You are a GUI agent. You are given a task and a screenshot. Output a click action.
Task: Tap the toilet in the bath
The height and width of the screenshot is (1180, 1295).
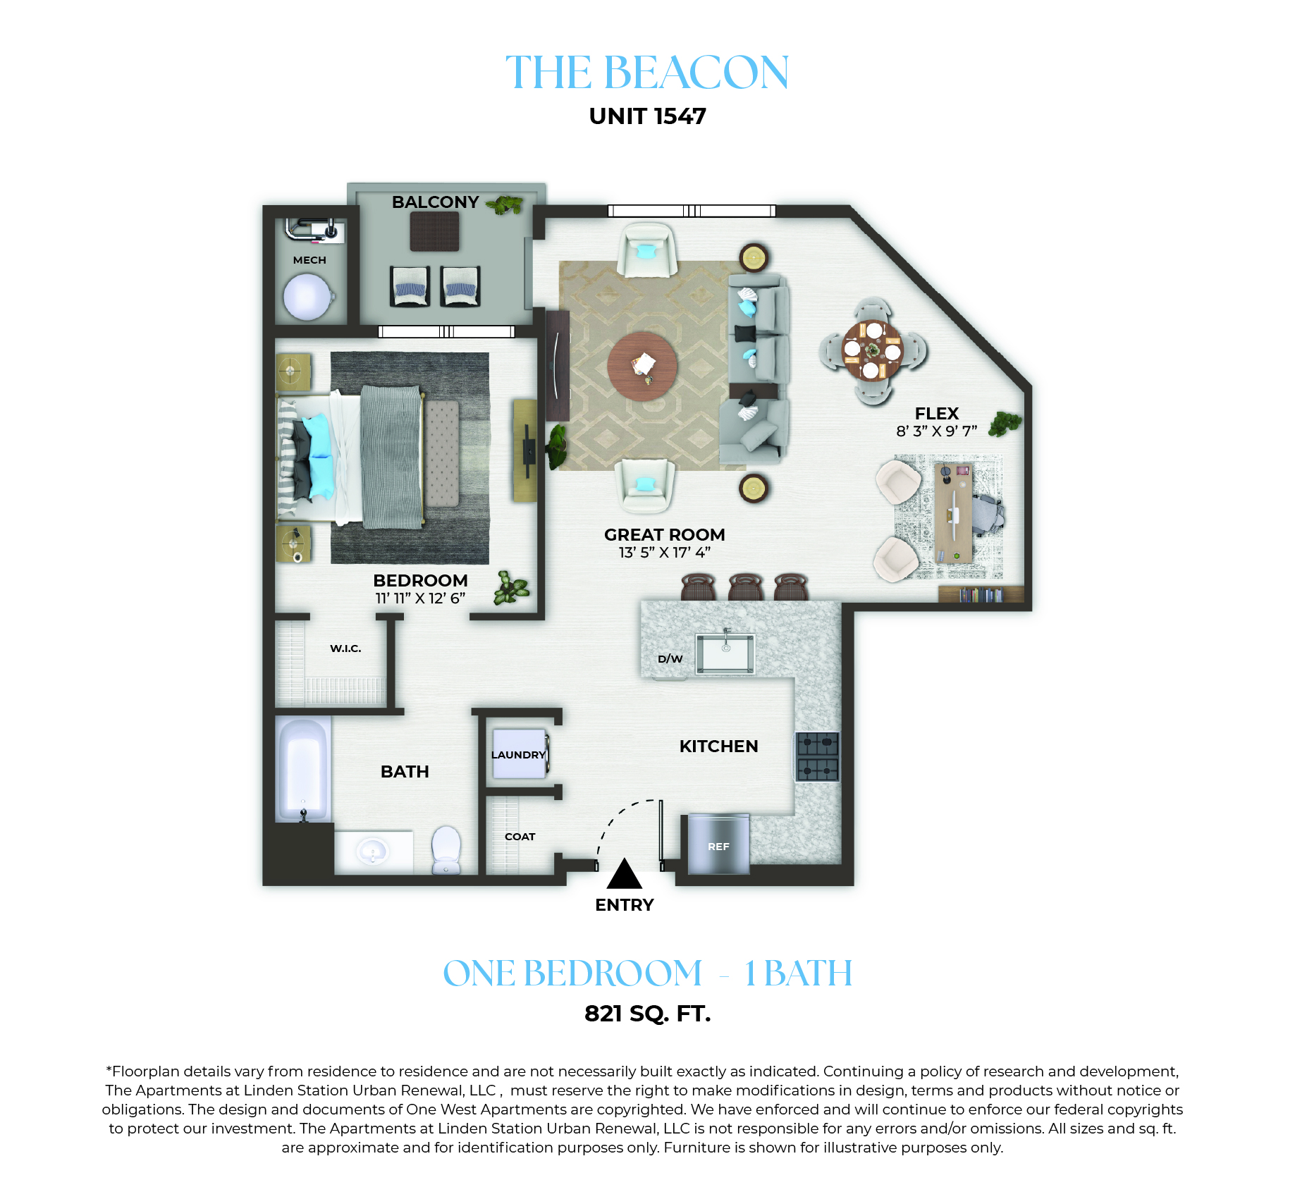(446, 849)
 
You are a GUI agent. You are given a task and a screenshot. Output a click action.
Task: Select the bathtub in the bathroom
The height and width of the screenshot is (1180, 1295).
(302, 769)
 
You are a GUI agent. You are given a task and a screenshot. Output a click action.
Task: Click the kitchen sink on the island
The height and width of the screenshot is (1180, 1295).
(725, 653)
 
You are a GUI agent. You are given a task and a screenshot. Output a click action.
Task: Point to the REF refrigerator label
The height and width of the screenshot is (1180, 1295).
(718, 847)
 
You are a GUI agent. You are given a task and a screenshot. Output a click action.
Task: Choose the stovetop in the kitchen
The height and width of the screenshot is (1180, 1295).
(818, 756)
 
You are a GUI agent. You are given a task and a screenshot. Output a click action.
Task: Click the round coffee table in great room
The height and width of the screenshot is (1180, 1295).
(642, 367)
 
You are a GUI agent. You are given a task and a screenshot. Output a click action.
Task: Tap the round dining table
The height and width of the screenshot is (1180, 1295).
(873, 350)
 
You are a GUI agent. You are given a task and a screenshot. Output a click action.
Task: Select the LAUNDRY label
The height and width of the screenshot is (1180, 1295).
(518, 755)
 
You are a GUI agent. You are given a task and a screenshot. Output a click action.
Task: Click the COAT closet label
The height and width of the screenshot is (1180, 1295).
(520, 837)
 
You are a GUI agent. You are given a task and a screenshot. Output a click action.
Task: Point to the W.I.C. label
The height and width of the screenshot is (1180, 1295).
(345, 649)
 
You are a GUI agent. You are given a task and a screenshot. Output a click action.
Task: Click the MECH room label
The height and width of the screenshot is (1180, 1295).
(309, 260)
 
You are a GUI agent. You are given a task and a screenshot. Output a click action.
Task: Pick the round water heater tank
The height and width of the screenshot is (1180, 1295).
(307, 297)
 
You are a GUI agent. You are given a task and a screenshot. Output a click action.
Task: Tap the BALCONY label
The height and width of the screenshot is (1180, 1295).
(435, 202)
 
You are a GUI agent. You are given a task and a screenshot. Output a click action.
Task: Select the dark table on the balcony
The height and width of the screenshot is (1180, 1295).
(435, 231)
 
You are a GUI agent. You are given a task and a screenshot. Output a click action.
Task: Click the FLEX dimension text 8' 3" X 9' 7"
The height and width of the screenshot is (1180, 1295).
(937, 431)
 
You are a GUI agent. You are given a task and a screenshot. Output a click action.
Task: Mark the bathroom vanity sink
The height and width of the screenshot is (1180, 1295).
(372, 849)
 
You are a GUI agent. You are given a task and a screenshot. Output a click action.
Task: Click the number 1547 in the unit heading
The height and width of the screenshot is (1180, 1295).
(680, 116)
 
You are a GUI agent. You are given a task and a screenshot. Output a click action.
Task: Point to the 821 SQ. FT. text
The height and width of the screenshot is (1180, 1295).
(648, 1014)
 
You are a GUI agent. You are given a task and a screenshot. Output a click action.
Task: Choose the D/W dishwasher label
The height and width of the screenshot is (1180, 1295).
(670, 659)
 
